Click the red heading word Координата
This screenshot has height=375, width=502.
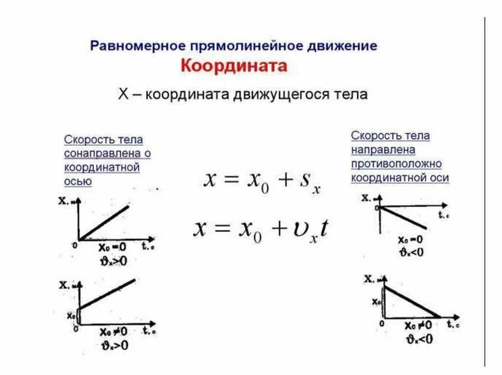point(233,66)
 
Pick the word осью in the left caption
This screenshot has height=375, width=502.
point(78,182)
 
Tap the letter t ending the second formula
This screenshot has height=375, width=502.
point(324,229)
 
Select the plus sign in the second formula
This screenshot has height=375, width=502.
point(279,230)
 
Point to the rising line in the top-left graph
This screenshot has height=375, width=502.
point(104,221)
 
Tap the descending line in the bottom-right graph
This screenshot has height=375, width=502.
point(411,302)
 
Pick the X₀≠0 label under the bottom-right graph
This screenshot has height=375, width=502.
point(418,326)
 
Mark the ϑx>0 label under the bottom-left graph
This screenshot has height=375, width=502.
point(113,344)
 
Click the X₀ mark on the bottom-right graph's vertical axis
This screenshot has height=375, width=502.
point(376,302)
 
